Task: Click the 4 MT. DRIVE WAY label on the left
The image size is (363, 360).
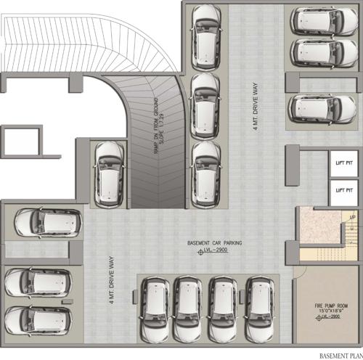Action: coord(113,277)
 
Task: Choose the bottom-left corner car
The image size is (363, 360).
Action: coord(38,319)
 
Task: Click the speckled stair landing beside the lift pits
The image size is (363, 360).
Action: coord(317,225)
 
